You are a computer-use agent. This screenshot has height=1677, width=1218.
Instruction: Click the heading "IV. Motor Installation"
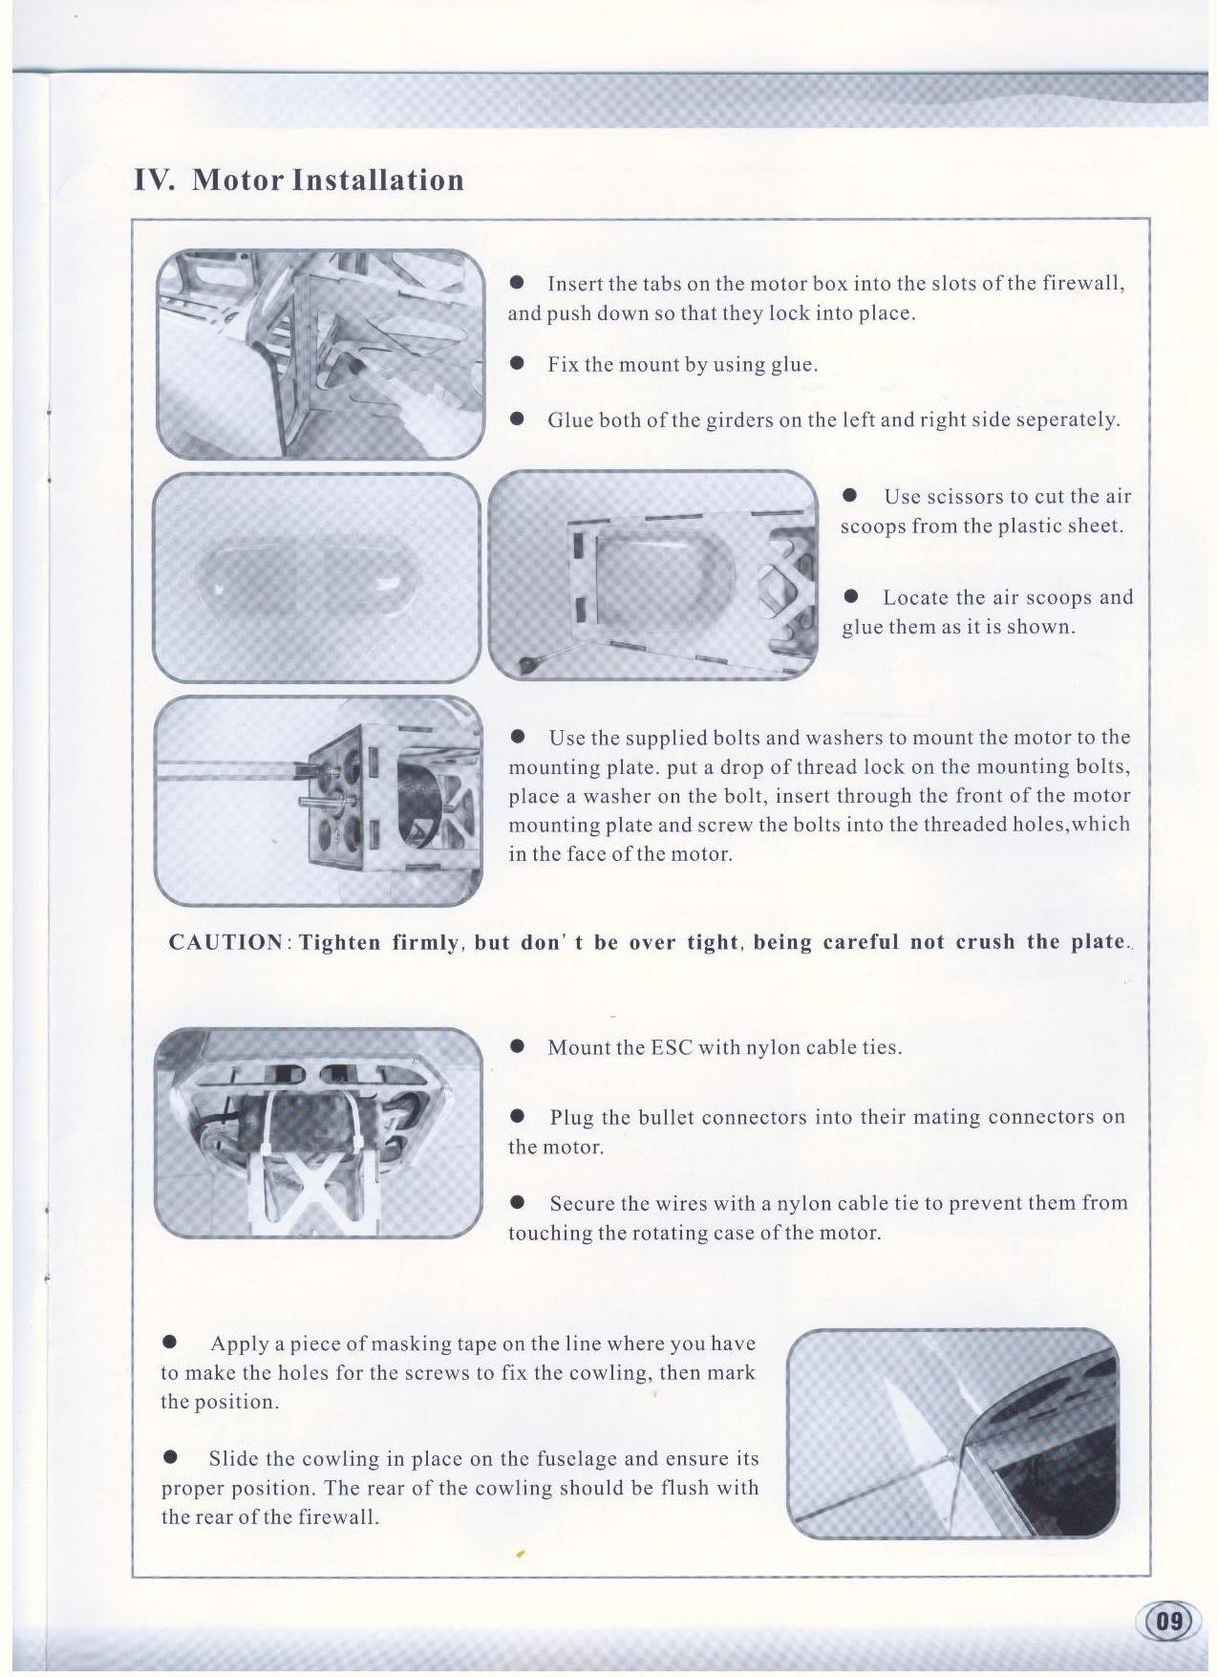tap(299, 180)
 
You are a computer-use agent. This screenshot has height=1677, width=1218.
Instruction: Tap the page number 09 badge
tap(1168, 1621)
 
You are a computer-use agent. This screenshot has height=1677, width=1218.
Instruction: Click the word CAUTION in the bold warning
tap(225, 942)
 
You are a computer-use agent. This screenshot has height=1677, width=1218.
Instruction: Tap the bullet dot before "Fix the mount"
tap(518, 364)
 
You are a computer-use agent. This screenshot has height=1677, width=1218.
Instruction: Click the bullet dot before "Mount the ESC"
tap(518, 1046)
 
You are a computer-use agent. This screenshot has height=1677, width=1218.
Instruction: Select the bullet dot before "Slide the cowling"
tap(171, 1457)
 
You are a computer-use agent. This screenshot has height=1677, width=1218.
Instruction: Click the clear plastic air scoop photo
tap(316, 577)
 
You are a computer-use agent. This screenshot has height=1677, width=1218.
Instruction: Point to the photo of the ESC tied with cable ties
tap(318, 1132)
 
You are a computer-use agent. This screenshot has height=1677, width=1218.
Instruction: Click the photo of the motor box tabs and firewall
tap(320, 354)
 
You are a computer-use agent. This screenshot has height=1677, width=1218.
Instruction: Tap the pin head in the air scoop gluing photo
tap(526, 663)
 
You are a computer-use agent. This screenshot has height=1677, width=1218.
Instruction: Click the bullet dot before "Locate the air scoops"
tap(851, 597)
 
